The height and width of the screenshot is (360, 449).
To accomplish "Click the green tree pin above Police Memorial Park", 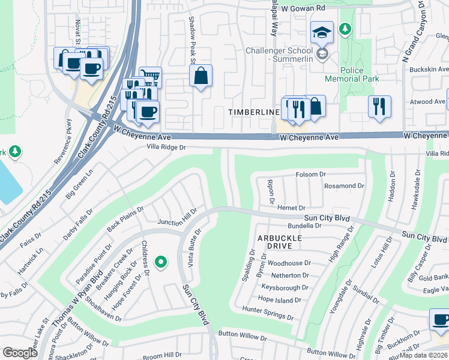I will (x=345, y=28).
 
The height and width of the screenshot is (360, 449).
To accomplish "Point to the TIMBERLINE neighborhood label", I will (x=253, y=112).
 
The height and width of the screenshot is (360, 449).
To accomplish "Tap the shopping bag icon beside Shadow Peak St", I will (x=201, y=76).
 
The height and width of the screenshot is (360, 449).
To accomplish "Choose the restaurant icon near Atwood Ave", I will (x=379, y=106).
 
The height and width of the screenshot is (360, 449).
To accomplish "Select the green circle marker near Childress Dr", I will (x=160, y=262).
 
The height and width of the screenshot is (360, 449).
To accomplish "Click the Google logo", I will (x=20, y=352).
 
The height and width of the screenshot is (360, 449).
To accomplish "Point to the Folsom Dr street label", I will (x=310, y=175).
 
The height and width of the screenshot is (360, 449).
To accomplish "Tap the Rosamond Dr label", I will (x=344, y=186).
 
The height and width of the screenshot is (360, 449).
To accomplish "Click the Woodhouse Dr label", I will (x=289, y=263).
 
